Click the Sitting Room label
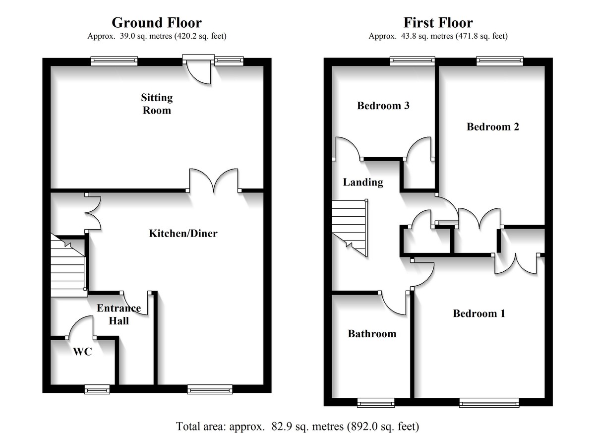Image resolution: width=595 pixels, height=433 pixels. [157, 104]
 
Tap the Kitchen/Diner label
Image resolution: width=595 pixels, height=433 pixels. [183, 233]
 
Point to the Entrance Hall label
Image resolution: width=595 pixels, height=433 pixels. [119, 314]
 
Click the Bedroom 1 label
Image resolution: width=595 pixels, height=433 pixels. [478, 313]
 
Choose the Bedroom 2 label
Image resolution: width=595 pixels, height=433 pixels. [492, 127]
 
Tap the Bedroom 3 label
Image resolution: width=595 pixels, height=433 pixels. [383, 106]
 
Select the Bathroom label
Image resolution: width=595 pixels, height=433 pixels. [372, 334]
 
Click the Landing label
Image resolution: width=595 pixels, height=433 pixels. [363, 183]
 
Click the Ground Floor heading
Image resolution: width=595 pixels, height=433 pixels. [157, 23]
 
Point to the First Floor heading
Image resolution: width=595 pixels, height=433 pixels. [438, 23]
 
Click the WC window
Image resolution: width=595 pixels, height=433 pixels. [97, 390]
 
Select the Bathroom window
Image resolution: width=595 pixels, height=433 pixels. [375, 403]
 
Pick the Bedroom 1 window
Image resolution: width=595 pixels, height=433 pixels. [489, 403]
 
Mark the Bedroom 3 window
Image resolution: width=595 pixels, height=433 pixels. [412, 61]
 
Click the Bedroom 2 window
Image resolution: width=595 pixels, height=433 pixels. [500, 61]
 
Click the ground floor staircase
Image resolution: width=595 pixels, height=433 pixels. [68, 268]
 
